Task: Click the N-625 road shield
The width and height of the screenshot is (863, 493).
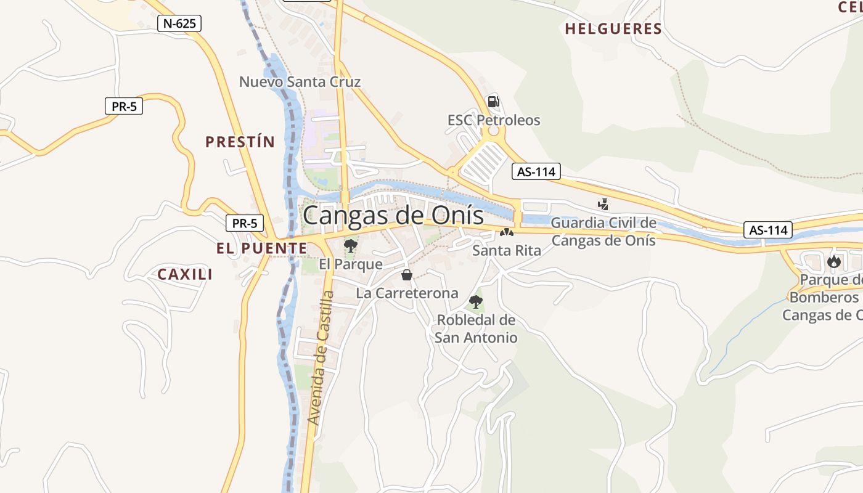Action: (179, 24)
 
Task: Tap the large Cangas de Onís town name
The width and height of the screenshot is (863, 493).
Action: (393, 216)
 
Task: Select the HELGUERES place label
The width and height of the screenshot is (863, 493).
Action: (613, 29)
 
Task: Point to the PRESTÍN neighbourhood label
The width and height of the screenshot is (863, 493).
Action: (240, 142)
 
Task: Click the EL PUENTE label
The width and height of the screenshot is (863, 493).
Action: (261, 248)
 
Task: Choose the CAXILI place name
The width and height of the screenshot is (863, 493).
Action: (185, 274)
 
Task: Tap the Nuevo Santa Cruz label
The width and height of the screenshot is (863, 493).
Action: (300, 82)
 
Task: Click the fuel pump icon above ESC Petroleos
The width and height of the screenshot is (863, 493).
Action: (493, 102)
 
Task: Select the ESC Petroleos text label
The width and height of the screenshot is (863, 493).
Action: (494, 120)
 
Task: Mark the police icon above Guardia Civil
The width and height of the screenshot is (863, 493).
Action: (603, 204)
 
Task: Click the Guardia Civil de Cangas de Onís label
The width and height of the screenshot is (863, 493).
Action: (603, 231)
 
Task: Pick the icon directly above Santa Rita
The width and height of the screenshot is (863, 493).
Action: (506, 233)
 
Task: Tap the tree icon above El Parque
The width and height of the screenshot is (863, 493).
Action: (350, 246)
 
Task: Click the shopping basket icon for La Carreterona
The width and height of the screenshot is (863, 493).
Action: (407, 275)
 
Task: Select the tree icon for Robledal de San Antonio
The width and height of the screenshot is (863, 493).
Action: (475, 301)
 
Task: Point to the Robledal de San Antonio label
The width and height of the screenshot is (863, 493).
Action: (476, 329)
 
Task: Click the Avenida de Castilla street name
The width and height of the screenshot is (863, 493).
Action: (321, 357)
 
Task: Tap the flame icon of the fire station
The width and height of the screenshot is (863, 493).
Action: (834, 261)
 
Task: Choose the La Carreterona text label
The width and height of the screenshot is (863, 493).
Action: (407, 293)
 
